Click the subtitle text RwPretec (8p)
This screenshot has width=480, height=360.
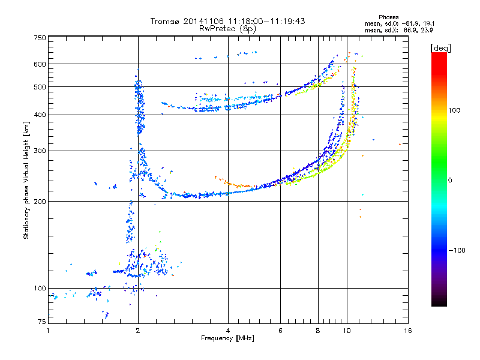(x=227, y=29)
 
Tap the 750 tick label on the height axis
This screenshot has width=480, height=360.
(x=40, y=38)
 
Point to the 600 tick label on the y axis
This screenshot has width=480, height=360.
(x=40, y=64)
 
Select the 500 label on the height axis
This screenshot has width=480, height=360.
(x=40, y=87)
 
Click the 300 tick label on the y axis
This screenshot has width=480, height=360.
(x=40, y=151)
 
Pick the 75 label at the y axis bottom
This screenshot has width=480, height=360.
(x=42, y=322)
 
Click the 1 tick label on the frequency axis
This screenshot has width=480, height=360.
(x=48, y=331)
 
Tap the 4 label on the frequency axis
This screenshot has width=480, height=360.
(x=228, y=331)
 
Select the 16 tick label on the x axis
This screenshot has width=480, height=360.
(x=408, y=331)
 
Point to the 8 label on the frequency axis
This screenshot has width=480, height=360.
(x=318, y=331)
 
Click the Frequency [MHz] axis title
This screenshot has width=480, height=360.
(x=227, y=338)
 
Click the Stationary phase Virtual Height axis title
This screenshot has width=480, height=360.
(x=26, y=180)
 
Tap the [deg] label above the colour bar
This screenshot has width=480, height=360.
(x=440, y=48)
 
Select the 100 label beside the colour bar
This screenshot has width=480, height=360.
(x=454, y=110)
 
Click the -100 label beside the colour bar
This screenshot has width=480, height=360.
(x=457, y=250)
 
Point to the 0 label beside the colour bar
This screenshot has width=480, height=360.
(x=450, y=181)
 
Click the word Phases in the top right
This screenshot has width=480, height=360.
(x=388, y=17)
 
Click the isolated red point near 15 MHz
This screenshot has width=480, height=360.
(x=400, y=144)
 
